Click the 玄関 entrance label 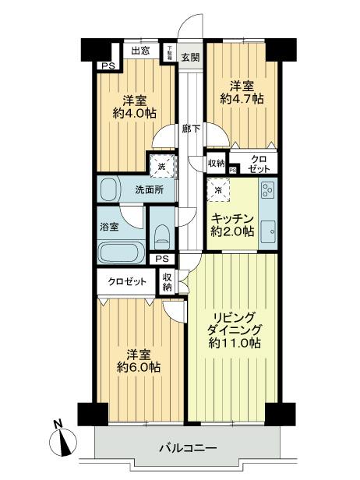(191, 56)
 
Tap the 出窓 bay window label (140, 51)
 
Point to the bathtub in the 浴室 (119, 252)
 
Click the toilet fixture (161, 234)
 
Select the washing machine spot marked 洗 (161, 164)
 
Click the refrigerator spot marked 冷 (218, 189)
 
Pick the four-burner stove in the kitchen (266, 192)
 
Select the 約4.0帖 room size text (139, 113)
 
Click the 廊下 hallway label (189, 129)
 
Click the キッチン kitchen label (232, 217)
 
